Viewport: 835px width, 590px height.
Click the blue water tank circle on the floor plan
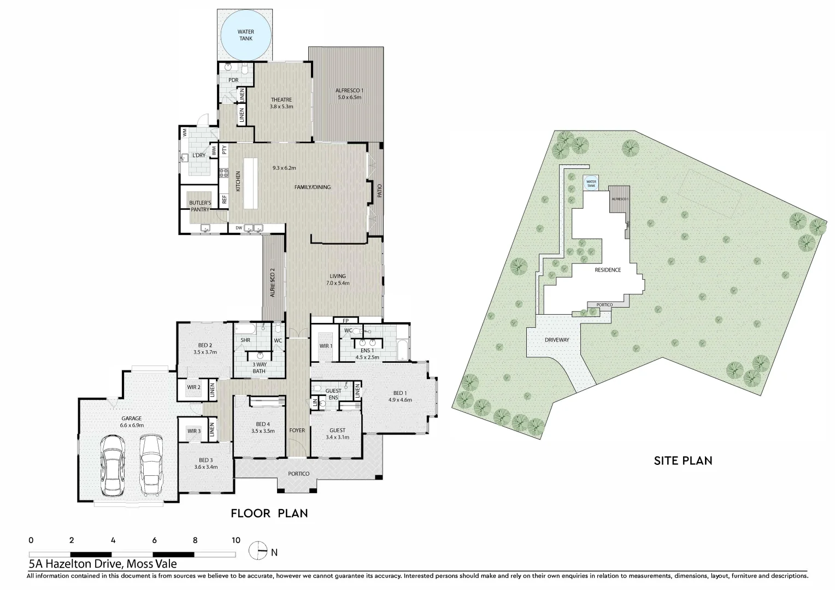(x=245, y=35)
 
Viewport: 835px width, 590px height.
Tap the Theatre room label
(x=281, y=100)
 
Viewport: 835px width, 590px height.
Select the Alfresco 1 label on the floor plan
(x=350, y=90)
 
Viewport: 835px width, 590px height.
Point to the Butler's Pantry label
(x=200, y=205)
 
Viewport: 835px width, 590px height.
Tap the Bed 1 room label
(x=399, y=393)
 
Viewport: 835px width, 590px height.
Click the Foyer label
(x=297, y=430)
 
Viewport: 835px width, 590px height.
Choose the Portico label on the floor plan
(x=299, y=474)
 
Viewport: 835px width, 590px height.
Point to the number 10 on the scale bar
(x=236, y=540)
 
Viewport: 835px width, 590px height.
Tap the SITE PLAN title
(x=683, y=461)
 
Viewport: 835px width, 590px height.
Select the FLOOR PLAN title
(x=269, y=513)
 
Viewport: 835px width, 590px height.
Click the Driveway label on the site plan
(x=557, y=340)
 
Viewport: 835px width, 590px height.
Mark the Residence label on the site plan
(x=608, y=270)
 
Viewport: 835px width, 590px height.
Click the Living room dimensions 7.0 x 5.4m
(x=337, y=283)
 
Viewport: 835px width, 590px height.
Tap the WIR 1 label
(x=326, y=346)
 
